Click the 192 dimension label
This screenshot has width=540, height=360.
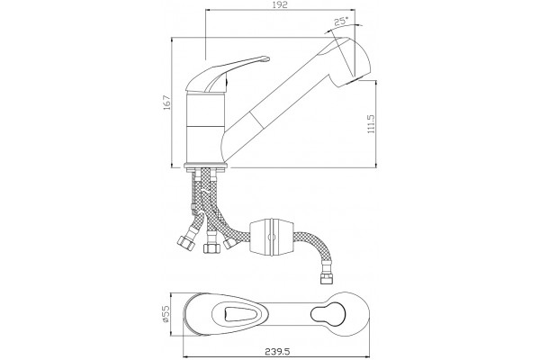281,5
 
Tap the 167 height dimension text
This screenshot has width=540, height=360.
167,103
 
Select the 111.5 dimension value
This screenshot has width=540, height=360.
371,124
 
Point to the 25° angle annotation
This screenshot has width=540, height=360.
341,22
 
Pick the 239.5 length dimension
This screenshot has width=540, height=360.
277,352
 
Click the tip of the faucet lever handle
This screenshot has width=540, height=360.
266,58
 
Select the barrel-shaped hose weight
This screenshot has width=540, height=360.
271,238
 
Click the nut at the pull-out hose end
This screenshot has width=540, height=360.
325,278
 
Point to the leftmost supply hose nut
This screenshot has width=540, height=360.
187,242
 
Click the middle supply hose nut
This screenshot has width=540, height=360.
210,247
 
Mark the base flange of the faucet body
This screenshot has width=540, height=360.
205,166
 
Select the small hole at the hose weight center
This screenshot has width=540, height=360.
271,237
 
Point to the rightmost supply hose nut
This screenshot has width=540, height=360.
229,244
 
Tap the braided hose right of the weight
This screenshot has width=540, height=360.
314,248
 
